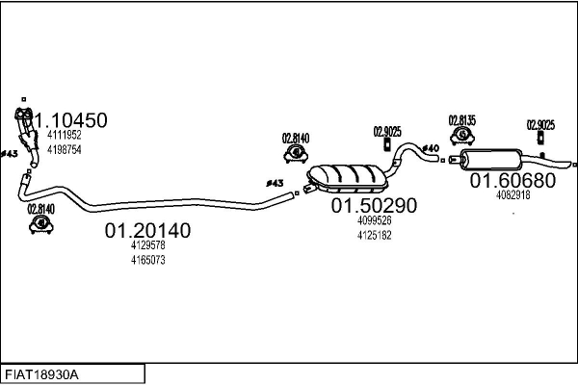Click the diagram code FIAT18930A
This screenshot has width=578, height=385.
point(41,375)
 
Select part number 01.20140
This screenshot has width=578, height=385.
point(147,230)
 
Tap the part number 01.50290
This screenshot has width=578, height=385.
point(374,205)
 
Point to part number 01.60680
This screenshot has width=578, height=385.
point(512,180)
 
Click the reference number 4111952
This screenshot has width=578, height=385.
point(65,135)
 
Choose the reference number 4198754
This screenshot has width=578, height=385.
point(65,149)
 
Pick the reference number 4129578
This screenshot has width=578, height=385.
point(147,245)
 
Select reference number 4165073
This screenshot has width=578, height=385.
point(147,260)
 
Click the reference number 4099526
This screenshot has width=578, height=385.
point(374,220)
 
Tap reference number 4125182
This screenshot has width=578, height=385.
point(374,235)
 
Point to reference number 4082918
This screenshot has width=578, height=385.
point(513,194)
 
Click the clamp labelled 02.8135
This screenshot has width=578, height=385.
point(462,135)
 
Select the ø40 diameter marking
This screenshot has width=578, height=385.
point(431,148)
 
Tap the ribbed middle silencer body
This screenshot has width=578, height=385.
point(347,178)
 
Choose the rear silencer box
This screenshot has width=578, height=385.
point(491,159)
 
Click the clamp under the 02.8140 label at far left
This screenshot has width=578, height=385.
point(41,224)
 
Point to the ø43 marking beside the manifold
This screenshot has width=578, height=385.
point(10,154)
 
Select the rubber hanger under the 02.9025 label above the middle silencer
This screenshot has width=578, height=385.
point(387,144)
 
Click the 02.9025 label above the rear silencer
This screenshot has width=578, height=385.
point(540,125)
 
